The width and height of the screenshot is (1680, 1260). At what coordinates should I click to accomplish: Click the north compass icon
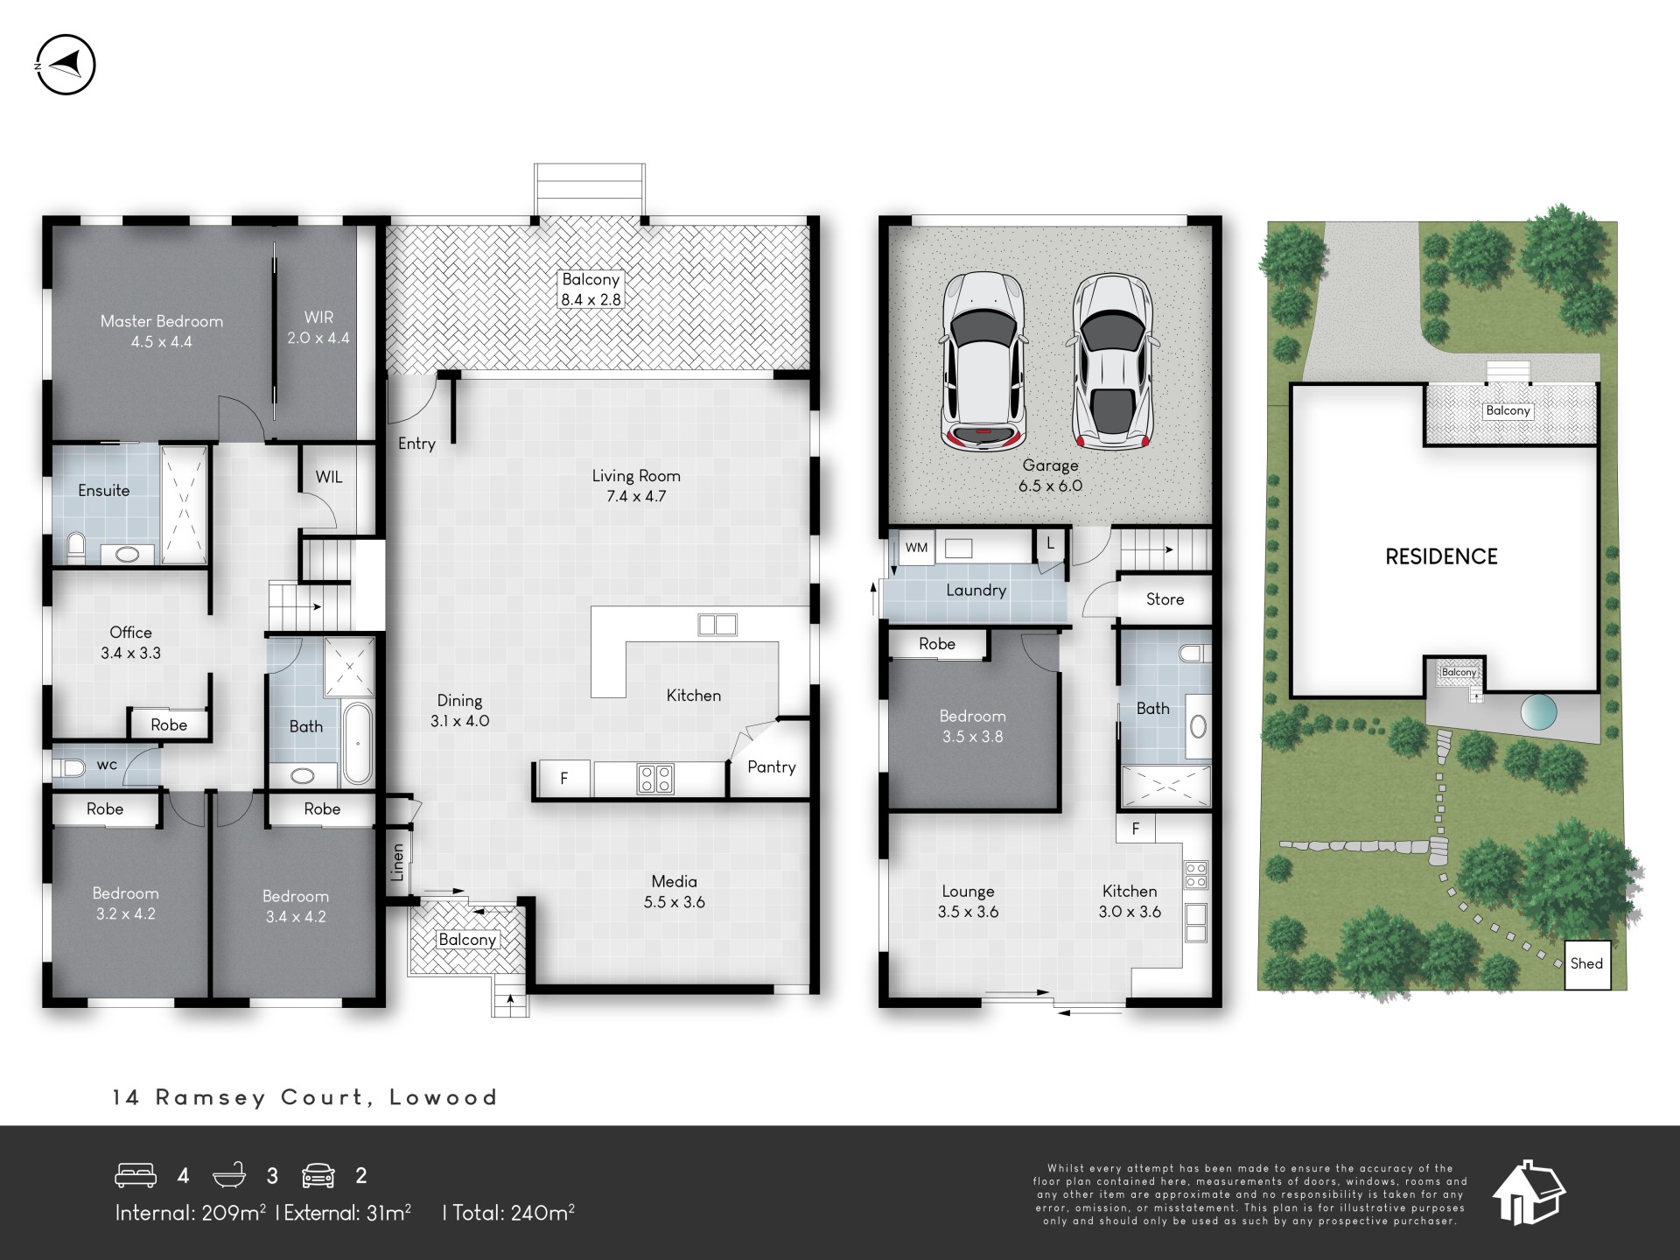(66, 65)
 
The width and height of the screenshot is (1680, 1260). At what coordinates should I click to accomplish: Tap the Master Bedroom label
(162, 332)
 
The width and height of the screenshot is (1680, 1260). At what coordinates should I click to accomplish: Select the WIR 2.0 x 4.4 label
(318, 327)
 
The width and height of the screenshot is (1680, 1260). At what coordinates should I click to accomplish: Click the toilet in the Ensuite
(75, 547)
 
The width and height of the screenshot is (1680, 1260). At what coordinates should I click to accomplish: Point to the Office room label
(130, 642)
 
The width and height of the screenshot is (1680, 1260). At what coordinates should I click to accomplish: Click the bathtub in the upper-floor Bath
(357, 744)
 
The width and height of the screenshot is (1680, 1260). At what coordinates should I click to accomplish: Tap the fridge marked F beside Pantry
(563, 778)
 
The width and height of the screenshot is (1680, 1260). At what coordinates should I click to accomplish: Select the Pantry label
(771, 767)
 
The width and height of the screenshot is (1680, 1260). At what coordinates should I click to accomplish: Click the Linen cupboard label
(398, 862)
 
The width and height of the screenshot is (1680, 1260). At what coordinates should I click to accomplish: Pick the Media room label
(674, 892)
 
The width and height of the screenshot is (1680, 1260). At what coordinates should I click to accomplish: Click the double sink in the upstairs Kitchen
(717, 625)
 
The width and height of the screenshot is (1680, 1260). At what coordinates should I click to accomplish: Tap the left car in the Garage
(982, 360)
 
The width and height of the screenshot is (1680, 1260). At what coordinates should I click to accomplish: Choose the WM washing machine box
(916, 548)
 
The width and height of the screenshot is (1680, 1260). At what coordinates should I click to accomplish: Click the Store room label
(1165, 599)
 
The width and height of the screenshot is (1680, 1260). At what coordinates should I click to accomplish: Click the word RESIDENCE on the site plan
(1441, 556)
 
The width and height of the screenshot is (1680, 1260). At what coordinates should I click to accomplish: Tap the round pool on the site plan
(1539, 712)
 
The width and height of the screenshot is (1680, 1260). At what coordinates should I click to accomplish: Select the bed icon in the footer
(136, 1175)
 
